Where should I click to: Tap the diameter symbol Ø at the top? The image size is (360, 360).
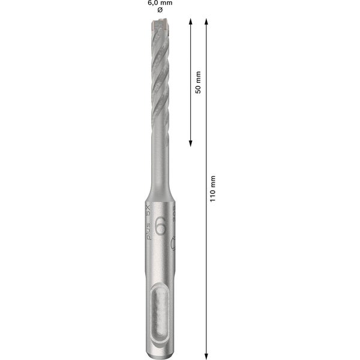pyautogui.click(x=159, y=11)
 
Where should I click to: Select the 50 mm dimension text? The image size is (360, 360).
pyautogui.click(x=199, y=82)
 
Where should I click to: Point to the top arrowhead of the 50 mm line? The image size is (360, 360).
pyautogui.click(x=190, y=21)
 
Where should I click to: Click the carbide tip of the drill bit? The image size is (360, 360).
pyautogui.click(x=159, y=25)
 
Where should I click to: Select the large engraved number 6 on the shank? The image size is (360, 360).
pyautogui.click(x=160, y=227)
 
